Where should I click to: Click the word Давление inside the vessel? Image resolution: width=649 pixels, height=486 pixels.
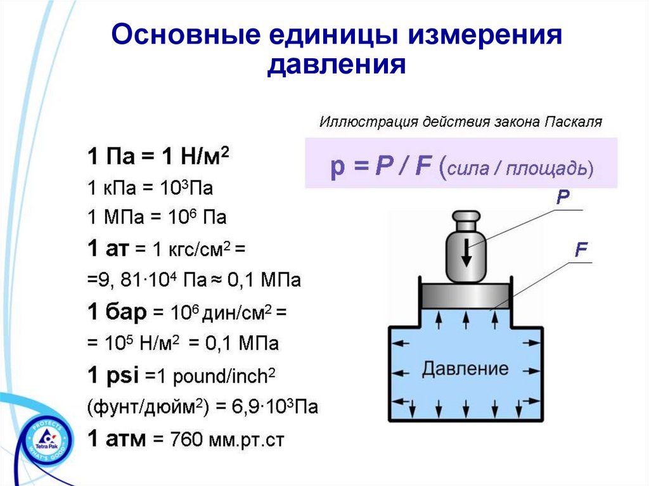pyautogui.click(x=465, y=368)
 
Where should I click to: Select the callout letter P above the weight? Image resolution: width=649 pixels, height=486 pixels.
pyautogui.click(x=563, y=198)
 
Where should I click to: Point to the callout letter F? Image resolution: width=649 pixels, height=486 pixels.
pyautogui.click(x=582, y=250)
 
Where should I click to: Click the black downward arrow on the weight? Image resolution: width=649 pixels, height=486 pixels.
pyautogui.click(x=466, y=255)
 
